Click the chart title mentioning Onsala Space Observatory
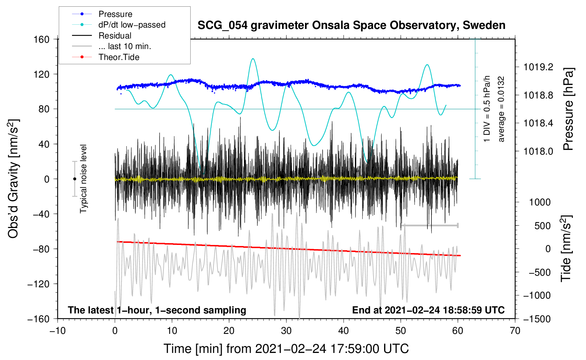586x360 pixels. [x=351, y=25]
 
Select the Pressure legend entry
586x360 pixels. [x=102, y=14]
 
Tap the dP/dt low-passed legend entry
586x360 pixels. [x=119, y=25]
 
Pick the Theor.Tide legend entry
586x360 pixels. [x=106, y=57]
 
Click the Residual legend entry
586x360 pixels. [x=102, y=36]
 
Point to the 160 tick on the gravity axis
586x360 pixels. [x=42, y=40]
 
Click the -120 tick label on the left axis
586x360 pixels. [x=38, y=284]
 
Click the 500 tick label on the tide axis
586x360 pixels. [x=543, y=226]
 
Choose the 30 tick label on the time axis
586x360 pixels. [x=286, y=331]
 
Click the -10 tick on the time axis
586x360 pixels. [x=58, y=331]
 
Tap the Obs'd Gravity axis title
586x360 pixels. [x=13, y=179]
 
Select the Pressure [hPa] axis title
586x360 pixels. [x=568, y=109]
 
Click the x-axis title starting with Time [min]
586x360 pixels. [x=286, y=349]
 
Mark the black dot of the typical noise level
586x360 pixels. [x=74, y=179]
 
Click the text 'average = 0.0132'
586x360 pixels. [x=501, y=109]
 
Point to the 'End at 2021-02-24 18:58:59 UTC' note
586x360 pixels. [x=428, y=310]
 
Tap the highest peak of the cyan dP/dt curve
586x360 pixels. [x=253, y=59]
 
